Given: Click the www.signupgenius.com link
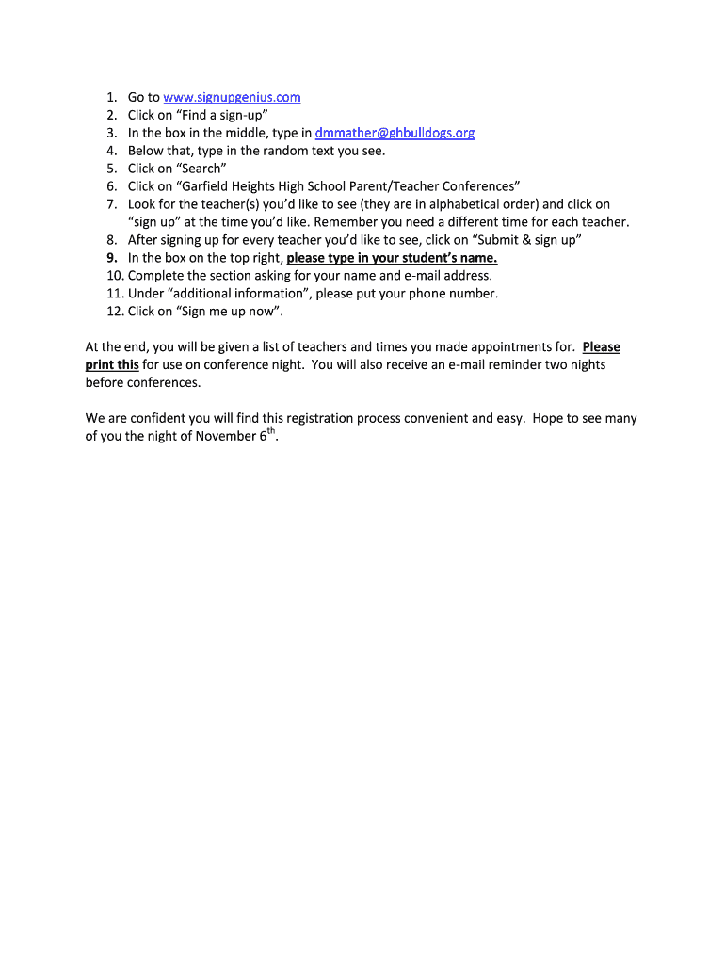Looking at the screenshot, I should point(232,97).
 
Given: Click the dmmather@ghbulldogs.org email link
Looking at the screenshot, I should point(395,133).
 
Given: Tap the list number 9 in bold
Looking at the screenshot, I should point(111,258).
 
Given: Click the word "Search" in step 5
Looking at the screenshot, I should point(200,169).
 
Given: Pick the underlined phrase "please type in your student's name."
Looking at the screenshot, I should point(392,258).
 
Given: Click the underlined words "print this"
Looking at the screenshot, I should point(112,364).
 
